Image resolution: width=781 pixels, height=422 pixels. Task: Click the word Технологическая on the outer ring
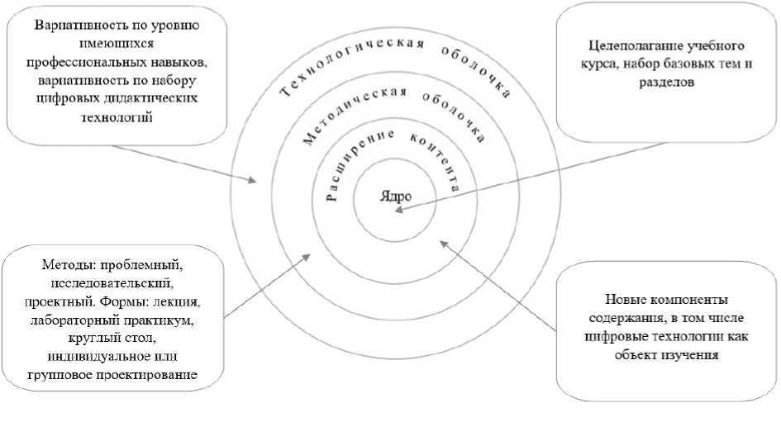pos(331,77)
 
